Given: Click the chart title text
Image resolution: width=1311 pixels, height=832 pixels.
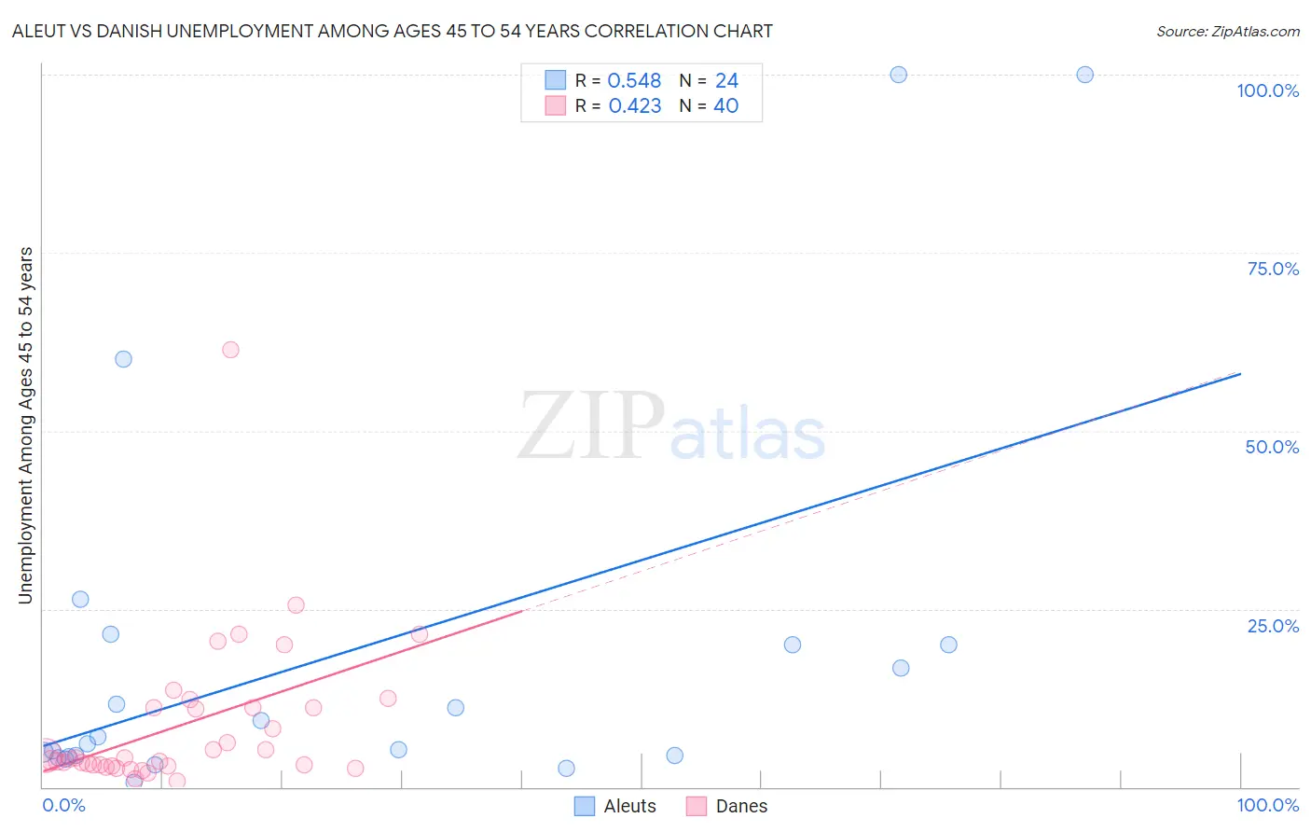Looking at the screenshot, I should pyautogui.click(x=393, y=31).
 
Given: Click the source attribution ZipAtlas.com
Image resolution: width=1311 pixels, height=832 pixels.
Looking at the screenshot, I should pyautogui.click(x=1227, y=31).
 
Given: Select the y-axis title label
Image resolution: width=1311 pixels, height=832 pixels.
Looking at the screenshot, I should pyautogui.click(x=25, y=425).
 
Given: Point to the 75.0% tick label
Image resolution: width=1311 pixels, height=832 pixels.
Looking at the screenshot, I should pyautogui.click(x=1272, y=269).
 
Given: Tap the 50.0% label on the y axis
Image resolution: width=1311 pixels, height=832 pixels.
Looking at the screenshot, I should pyautogui.click(x=1272, y=447).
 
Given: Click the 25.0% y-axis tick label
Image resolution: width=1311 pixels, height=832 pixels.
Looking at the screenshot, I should pyautogui.click(x=1272, y=626).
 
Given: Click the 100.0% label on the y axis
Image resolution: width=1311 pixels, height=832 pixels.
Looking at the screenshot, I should pyautogui.click(x=1267, y=90).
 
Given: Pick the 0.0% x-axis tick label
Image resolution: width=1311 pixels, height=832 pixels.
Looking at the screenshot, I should pyautogui.click(x=63, y=805).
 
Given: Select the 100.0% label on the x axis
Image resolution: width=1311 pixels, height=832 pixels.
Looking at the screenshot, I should pyautogui.click(x=1267, y=805).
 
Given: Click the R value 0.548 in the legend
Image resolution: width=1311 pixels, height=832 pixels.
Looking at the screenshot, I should pyautogui.click(x=634, y=81).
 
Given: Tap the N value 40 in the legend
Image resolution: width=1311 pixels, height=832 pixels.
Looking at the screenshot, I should pyautogui.click(x=725, y=106).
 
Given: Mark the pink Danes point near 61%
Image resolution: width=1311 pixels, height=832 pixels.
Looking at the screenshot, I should pyautogui.click(x=230, y=350).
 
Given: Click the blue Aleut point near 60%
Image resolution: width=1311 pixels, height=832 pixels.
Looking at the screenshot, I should pyautogui.click(x=123, y=359).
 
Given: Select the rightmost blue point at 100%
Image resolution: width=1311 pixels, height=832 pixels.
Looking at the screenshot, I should pyautogui.click(x=1084, y=75).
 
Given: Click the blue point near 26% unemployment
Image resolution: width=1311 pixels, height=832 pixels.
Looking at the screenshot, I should pyautogui.click(x=80, y=600).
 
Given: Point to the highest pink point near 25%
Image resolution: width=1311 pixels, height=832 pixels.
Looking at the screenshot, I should pyautogui.click(x=296, y=605).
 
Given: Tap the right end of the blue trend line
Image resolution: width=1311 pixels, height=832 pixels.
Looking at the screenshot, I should pyautogui.click(x=1240, y=373).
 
